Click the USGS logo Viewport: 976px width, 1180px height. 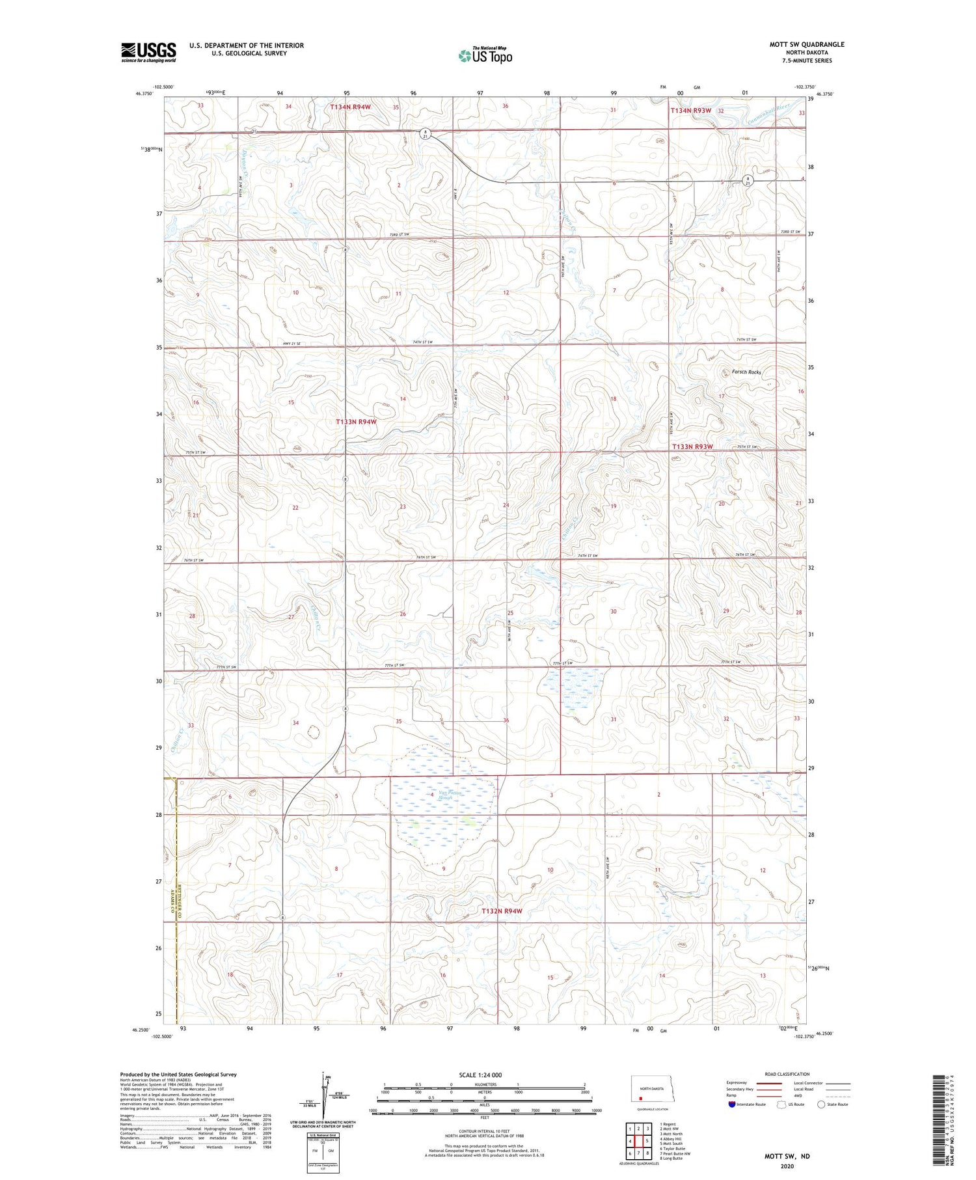pos(148,52)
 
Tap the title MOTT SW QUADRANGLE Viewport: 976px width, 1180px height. pos(807,44)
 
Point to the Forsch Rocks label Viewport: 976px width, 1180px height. pos(746,372)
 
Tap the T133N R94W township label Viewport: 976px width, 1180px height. pos(356,422)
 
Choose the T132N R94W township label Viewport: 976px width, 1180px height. pos(502,911)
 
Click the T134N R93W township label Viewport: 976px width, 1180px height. pos(691,111)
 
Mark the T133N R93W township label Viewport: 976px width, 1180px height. pos(692,446)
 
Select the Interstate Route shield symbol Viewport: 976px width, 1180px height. pos(733,1105)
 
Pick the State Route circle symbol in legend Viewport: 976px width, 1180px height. pos(821,1105)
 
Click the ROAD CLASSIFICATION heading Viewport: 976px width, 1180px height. pos(787,1074)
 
